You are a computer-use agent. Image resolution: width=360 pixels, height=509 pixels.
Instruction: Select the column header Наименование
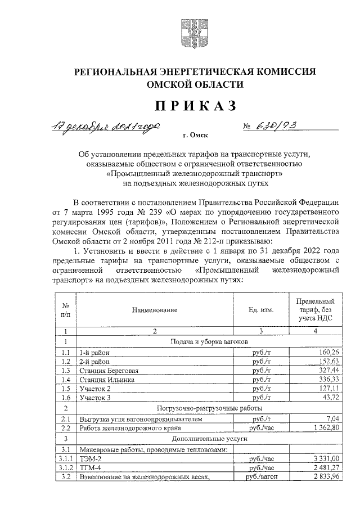pos(155,310)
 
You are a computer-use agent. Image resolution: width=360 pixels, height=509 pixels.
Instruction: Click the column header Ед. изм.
pos(260,310)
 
